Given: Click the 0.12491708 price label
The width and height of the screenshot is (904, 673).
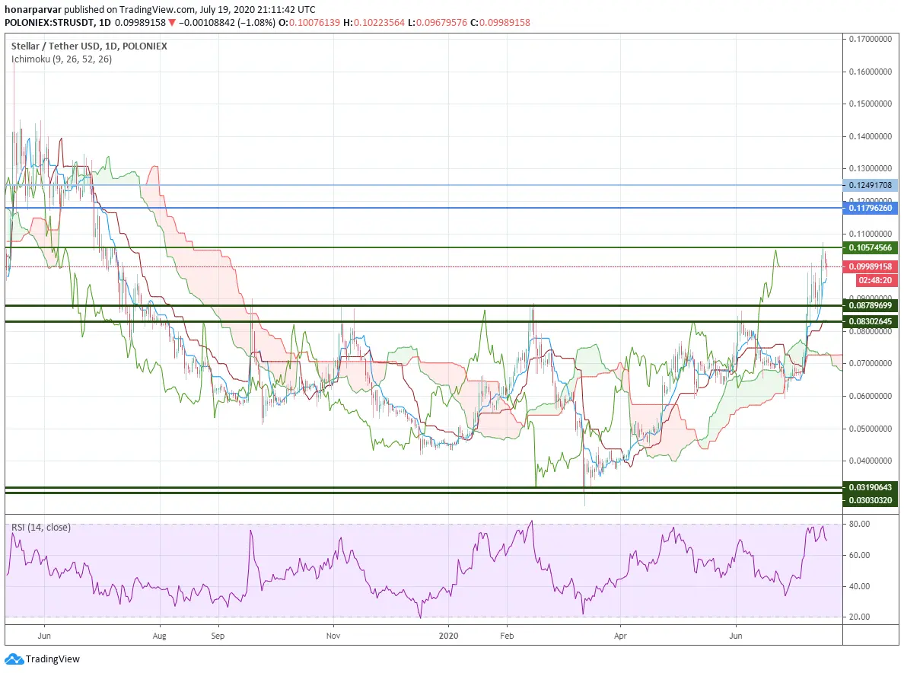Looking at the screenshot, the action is pos(870,185).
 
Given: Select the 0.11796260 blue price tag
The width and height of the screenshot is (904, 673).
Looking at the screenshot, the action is pos(870,208).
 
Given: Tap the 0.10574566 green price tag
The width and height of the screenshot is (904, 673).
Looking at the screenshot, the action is pos(870,247).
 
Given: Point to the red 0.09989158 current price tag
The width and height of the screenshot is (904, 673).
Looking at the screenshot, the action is pos(870,266).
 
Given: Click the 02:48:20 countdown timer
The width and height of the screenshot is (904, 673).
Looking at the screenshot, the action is pos(874,280).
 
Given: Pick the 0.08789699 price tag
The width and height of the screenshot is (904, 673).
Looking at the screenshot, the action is pos(870,305).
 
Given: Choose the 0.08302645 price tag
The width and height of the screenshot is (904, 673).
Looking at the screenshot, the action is pos(870,321).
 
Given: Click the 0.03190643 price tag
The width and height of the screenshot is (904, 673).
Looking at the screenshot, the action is pos(870,487).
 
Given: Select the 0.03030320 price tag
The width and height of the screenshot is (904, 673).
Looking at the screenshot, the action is pos(870,500).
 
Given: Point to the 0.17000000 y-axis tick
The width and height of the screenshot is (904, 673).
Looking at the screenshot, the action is pos(870,40).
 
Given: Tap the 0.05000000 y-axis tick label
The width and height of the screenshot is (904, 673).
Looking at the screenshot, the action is pos(870,429).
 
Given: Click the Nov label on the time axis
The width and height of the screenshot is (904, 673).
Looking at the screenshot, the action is pos(333,636).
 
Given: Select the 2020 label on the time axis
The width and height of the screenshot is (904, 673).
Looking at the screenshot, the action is pos(448,636).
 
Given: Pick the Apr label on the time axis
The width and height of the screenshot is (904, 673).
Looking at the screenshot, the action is pos(620,636).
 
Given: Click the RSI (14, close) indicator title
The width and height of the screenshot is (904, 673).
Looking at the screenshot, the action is pos(41,527).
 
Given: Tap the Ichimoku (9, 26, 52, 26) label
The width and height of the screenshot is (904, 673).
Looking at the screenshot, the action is pos(62,59).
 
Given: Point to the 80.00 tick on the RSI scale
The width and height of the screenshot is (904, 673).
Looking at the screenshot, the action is pos(860,524).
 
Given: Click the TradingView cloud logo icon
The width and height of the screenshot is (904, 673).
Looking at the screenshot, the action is pos(14,659).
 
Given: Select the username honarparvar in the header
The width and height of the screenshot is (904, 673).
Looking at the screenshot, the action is pos(33,10).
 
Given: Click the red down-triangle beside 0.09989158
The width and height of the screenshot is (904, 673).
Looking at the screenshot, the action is pos(172,23).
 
